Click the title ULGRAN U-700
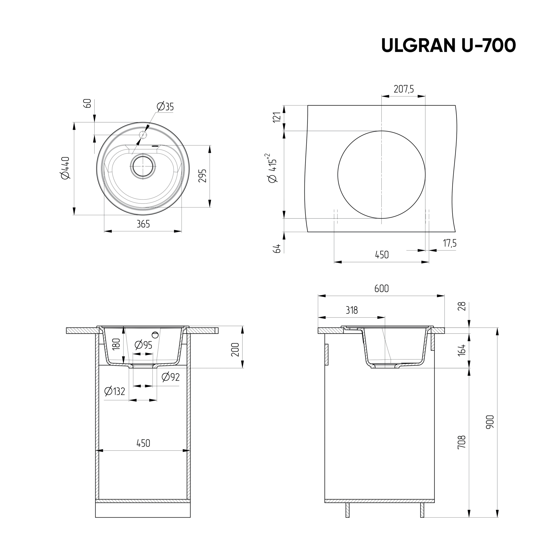(x=448, y=46)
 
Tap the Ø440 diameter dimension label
(x=66, y=168)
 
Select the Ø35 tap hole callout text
(x=165, y=107)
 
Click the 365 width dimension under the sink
(x=143, y=224)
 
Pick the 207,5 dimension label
(x=403, y=89)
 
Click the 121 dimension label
(x=277, y=117)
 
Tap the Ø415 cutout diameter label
(x=272, y=168)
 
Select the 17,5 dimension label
(x=450, y=243)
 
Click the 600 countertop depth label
(x=381, y=289)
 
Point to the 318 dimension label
(x=351, y=310)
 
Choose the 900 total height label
(x=490, y=422)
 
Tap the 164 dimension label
(x=461, y=350)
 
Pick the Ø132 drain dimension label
(x=115, y=391)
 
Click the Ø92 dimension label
(x=171, y=377)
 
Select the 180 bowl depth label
(x=116, y=344)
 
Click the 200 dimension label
(x=235, y=349)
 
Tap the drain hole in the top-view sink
(x=143, y=166)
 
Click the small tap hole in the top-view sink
(x=143, y=134)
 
